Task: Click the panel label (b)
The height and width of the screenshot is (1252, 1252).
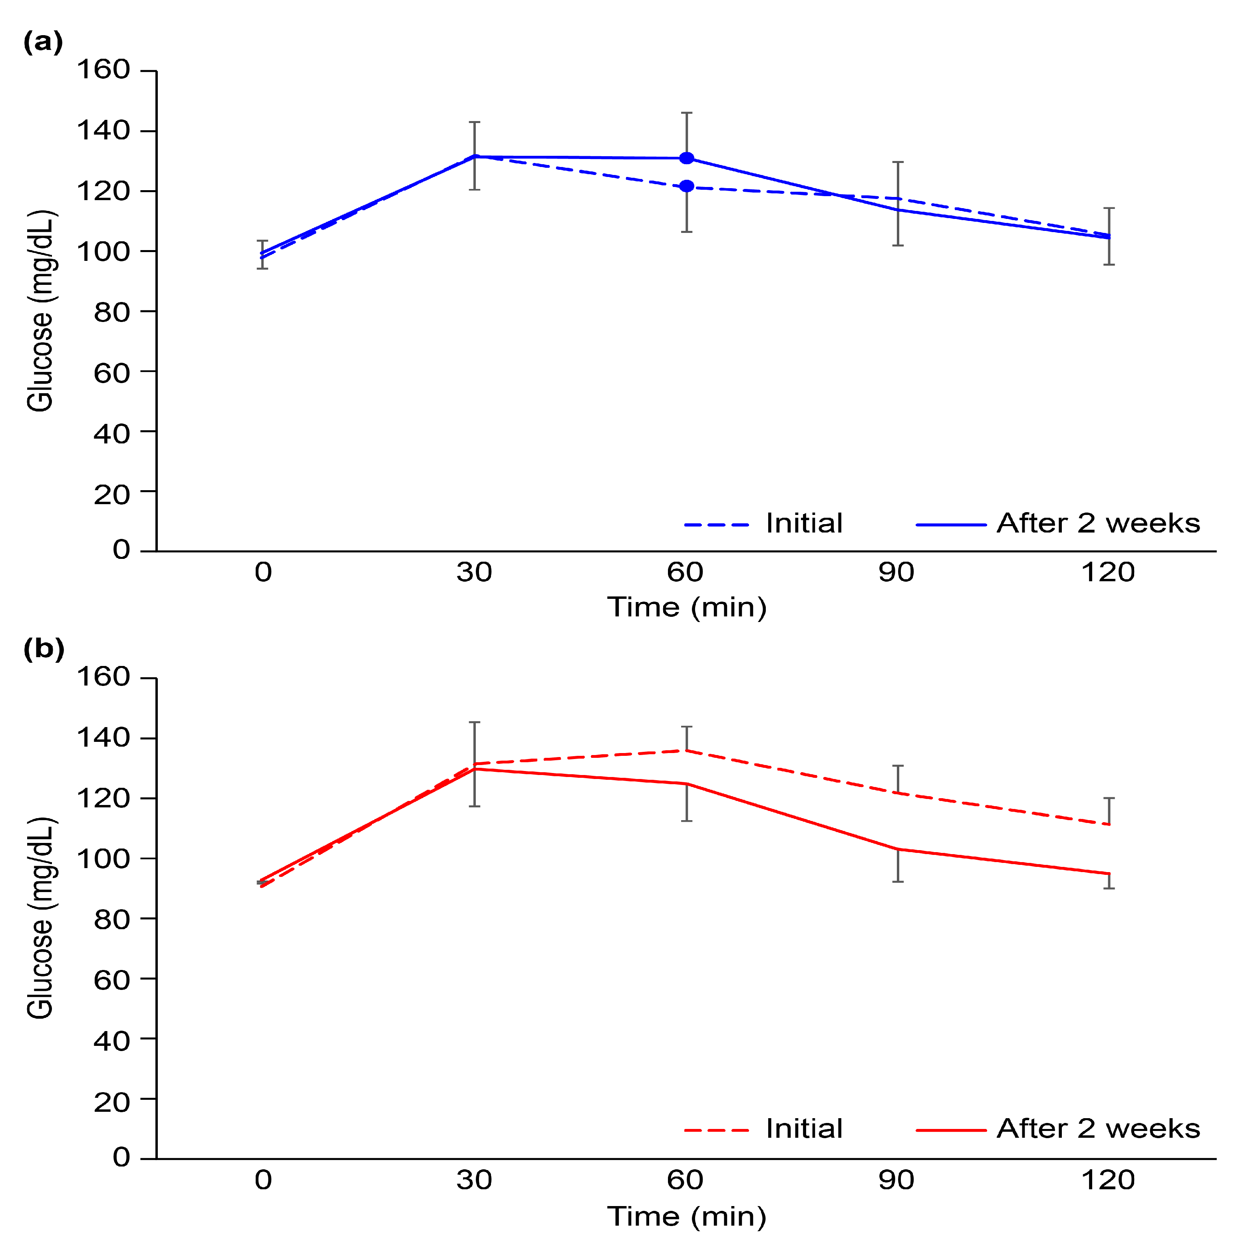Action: tap(44, 649)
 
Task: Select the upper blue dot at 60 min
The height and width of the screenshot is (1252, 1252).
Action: tap(687, 158)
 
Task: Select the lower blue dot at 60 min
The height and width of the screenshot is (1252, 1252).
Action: tap(687, 187)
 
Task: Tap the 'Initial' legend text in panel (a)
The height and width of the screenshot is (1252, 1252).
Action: tap(803, 524)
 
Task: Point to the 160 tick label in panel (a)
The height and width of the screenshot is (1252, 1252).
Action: tap(104, 70)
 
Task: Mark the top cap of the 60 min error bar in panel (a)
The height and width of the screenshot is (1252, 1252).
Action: tap(687, 113)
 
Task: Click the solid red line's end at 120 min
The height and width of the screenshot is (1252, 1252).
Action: tap(1109, 874)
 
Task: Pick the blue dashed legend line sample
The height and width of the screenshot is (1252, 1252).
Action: tap(716, 525)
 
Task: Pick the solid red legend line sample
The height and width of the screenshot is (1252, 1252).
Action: tap(951, 1130)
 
